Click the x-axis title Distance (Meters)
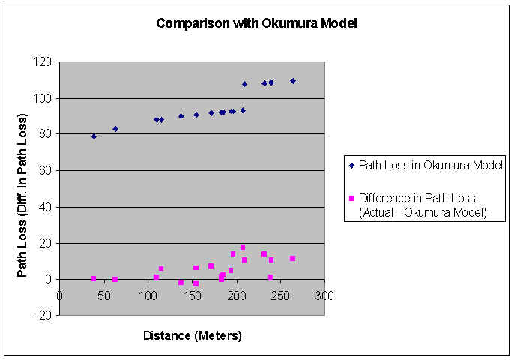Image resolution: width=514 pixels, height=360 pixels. [193, 335]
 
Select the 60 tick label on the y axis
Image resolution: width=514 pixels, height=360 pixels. [44, 171]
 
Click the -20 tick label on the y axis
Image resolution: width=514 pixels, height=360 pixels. [43, 315]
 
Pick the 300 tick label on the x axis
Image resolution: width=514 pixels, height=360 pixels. [324, 295]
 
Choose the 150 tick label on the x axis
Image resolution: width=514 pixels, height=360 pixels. [192, 295]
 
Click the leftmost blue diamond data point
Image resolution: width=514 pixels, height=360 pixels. [94, 136]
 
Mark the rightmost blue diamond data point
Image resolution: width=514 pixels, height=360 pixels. [293, 81]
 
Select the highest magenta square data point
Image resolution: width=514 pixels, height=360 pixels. [243, 247]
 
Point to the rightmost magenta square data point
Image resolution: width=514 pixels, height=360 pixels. [293, 259]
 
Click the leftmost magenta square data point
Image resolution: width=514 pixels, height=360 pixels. [94, 278]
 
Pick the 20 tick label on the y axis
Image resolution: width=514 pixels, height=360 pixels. [44, 243]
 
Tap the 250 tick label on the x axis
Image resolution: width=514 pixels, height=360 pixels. [280, 295]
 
